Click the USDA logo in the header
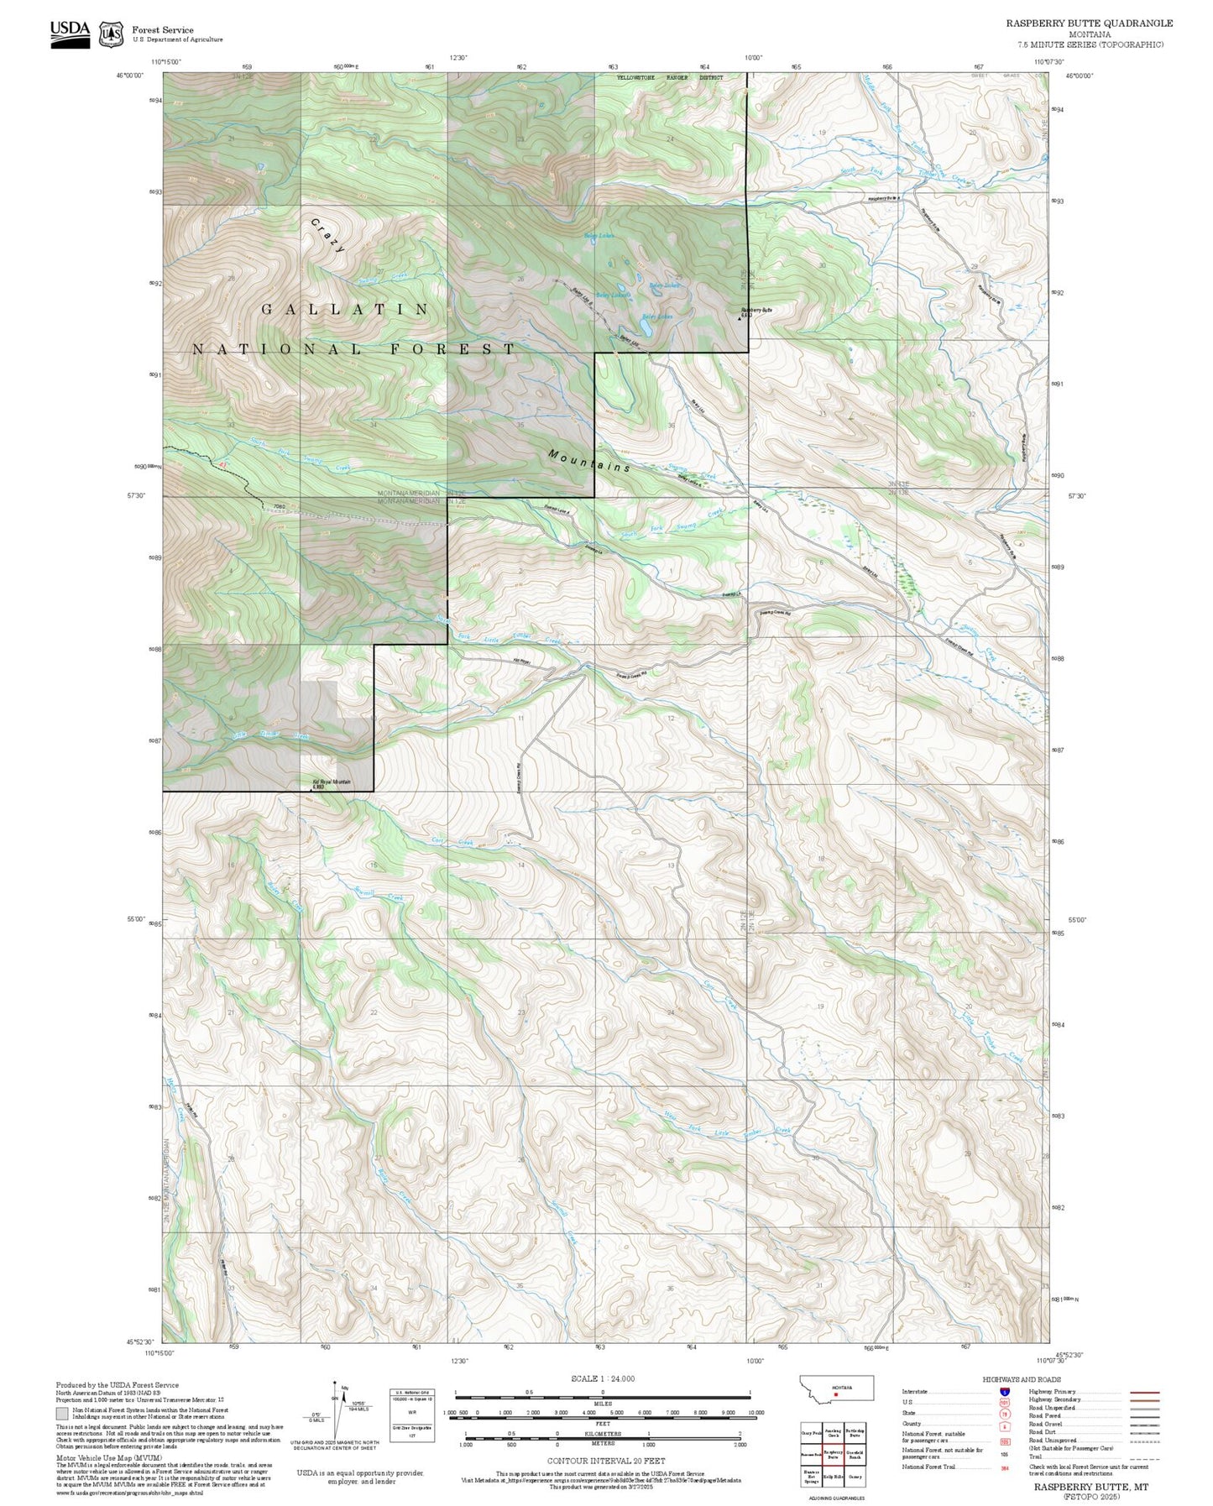click(70, 33)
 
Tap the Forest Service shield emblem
click(110, 34)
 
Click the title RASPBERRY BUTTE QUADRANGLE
click(1090, 24)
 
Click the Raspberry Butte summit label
click(756, 310)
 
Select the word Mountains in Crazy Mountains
click(589, 460)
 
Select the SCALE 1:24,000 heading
click(603, 1378)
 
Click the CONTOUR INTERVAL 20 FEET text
click(605, 1462)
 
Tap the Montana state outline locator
click(836, 1388)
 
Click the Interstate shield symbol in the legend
click(1004, 1392)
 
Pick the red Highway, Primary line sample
click(1145, 1392)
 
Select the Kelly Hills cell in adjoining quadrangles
click(833, 1476)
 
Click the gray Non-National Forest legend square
click(62, 1414)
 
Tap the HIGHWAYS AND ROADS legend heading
click(1022, 1379)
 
